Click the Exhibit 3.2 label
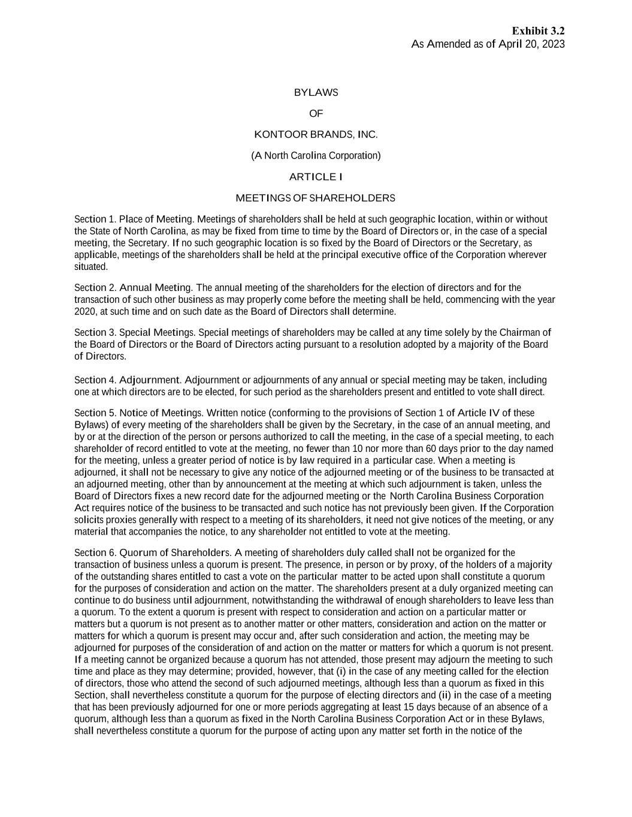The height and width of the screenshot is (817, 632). [538, 31]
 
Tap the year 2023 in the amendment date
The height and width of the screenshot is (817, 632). [552, 44]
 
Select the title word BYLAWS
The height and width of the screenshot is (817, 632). [316, 93]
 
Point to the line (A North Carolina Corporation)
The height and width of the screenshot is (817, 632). [316, 156]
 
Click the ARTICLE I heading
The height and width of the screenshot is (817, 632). [316, 177]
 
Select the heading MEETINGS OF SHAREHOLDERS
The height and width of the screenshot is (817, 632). [316, 198]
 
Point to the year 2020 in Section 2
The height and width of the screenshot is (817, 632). [84, 312]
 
